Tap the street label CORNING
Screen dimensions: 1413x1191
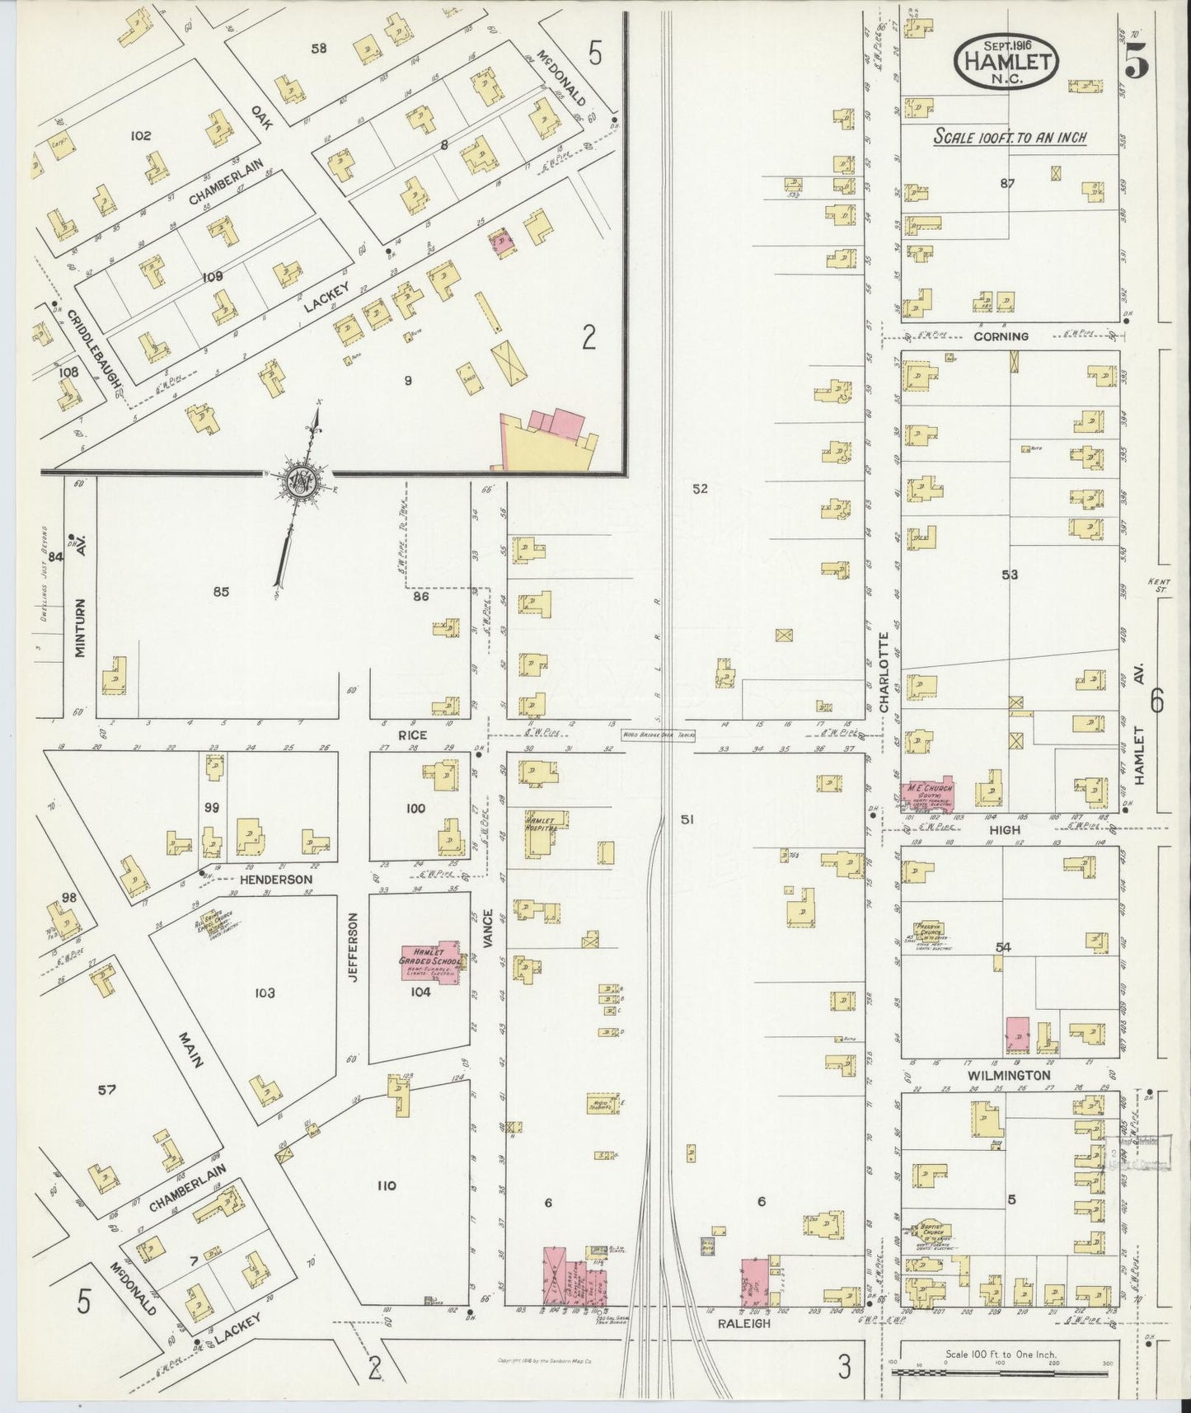point(1000,336)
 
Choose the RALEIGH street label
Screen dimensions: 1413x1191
point(745,1346)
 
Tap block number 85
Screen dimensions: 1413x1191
point(220,591)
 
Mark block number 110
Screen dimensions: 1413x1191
point(386,1185)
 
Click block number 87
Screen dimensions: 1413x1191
point(1006,183)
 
